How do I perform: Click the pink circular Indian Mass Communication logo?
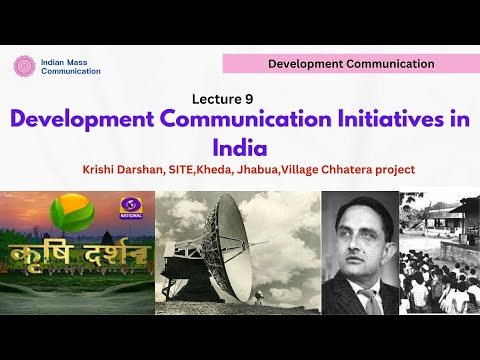[x=24, y=66]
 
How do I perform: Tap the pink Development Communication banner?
[x=350, y=64]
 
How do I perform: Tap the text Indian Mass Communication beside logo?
[x=72, y=66]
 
